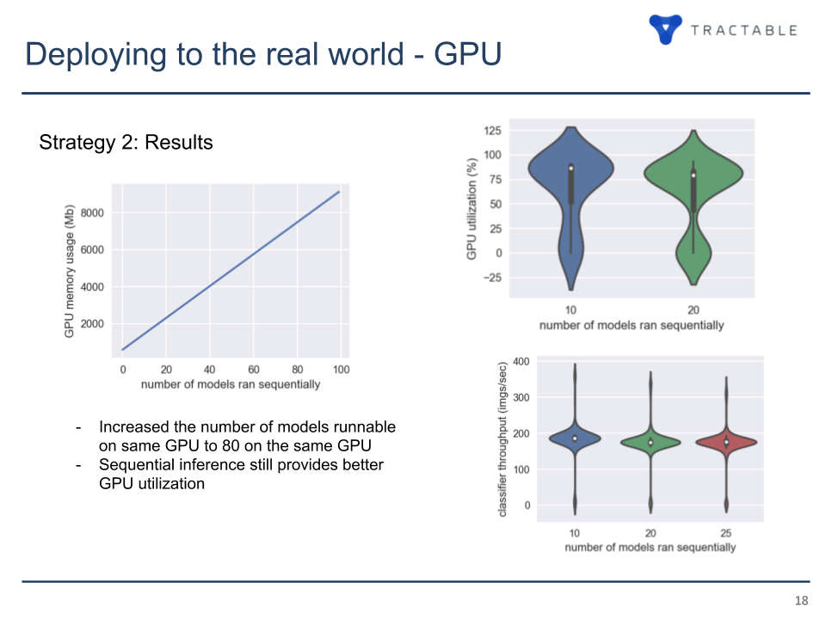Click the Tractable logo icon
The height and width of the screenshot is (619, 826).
pyautogui.click(x=665, y=28)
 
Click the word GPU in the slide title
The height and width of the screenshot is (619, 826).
pyautogui.click(x=468, y=53)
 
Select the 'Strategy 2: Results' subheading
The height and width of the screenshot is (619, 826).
pyautogui.click(x=126, y=142)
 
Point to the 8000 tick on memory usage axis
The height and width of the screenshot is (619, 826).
pyautogui.click(x=92, y=212)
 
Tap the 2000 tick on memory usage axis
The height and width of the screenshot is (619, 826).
pyautogui.click(x=92, y=324)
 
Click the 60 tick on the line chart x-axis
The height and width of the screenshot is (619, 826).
pyautogui.click(x=253, y=370)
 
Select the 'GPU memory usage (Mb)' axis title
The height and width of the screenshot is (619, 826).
pyautogui.click(x=69, y=271)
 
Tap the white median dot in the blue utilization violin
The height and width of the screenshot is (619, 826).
pyautogui.click(x=571, y=168)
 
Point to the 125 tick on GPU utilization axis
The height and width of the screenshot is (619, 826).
pyautogui.click(x=492, y=131)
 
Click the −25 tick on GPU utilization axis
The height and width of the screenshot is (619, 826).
pyautogui.click(x=492, y=278)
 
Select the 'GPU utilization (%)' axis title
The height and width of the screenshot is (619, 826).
pyautogui.click(x=472, y=209)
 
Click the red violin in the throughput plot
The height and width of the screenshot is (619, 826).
pyautogui.click(x=726, y=442)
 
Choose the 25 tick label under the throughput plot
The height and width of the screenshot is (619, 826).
pyautogui.click(x=726, y=533)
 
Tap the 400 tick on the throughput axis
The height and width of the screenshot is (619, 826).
pyautogui.click(x=521, y=362)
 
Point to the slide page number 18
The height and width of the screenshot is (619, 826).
pyautogui.click(x=801, y=601)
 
